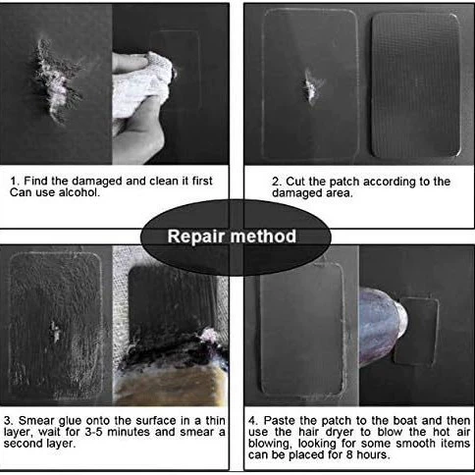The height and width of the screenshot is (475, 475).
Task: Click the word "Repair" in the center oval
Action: pos(195,237)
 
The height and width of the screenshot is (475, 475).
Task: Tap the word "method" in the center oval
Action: pos(263,237)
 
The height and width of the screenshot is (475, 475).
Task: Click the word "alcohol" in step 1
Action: pos(79,192)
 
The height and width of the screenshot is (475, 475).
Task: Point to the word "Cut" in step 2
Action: pos(295,182)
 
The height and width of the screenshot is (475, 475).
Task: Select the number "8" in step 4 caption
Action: pos(349,454)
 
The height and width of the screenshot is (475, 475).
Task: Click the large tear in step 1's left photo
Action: pos(56,81)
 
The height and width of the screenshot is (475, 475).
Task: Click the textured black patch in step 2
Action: pos(416,85)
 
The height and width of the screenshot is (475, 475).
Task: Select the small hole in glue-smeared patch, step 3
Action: pos(55,331)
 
